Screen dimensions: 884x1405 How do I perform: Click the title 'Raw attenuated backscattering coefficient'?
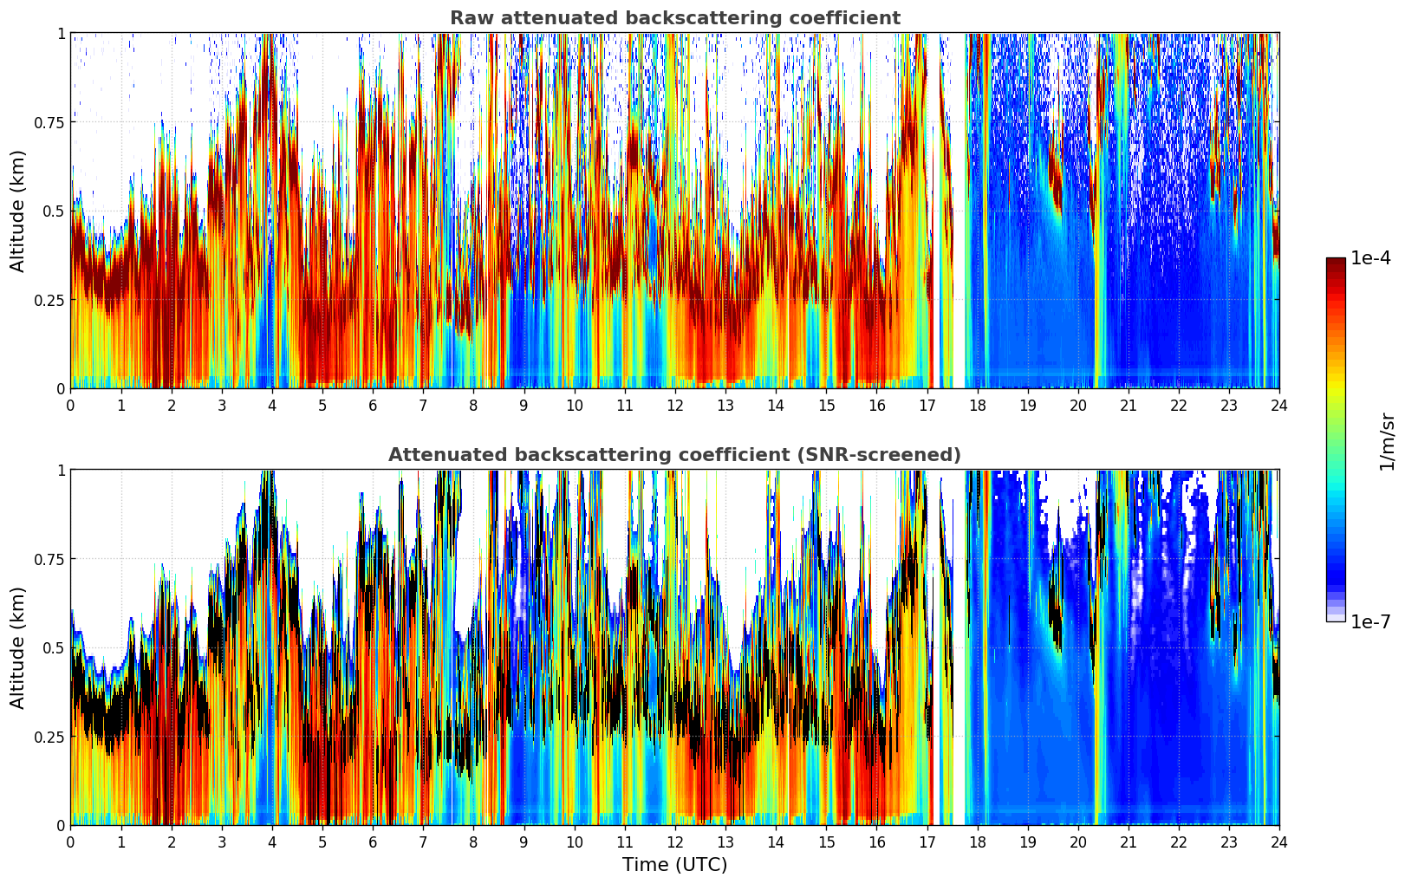(x=674, y=18)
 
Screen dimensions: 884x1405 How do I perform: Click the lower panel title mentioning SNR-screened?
(x=674, y=455)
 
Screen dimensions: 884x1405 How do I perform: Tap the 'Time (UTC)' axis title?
(x=674, y=865)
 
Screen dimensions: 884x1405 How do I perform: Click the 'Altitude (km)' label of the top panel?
(x=17, y=211)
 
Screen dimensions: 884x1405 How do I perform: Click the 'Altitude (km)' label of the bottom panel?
(x=17, y=647)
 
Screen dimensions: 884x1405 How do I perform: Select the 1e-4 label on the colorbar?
(x=1370, y=258)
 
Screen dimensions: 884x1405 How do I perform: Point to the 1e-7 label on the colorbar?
(x=1370, y=621)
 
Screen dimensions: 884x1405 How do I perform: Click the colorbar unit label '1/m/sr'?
(x=1388, y=441)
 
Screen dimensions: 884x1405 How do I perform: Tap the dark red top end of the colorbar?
(x=1336, y=262)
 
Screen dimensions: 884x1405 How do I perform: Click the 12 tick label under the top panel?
(x=674, y=405)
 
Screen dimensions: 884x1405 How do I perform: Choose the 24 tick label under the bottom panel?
(x=1279, y=842)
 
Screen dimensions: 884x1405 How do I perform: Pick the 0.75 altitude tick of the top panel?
(x=50, y=122)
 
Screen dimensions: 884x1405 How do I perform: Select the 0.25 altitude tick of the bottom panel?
(x=50, y=737)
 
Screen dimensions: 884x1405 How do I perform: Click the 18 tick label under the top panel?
(x=977, y=405)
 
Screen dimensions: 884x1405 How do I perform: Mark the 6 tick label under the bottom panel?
(x=373, y=842)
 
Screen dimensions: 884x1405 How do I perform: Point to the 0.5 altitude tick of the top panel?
(x=55, y=211)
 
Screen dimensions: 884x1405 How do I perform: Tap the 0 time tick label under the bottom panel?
(x=70, y=842)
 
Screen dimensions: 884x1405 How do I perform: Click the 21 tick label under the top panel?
(x=1129, y=405)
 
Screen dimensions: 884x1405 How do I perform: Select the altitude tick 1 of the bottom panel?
(x=62, y=470)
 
